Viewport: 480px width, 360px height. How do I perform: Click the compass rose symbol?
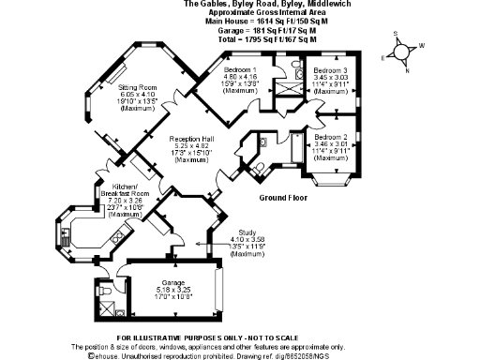(x=406, y=51)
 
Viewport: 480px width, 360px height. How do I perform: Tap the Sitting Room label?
(x=137, y=87)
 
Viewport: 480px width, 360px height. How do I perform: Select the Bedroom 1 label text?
(x=241, y=70)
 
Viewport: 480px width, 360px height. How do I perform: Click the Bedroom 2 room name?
(x=330, y=138)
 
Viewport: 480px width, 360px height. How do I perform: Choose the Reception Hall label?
(x=192, y=139)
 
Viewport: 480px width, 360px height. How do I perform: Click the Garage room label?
(x=172, y=282)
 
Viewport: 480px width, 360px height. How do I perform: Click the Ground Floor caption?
(x=284, y=198)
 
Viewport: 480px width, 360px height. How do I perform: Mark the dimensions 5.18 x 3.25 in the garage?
(x=172, y=290)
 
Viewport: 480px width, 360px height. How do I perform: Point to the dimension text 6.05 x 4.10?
(x=137, y=95)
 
